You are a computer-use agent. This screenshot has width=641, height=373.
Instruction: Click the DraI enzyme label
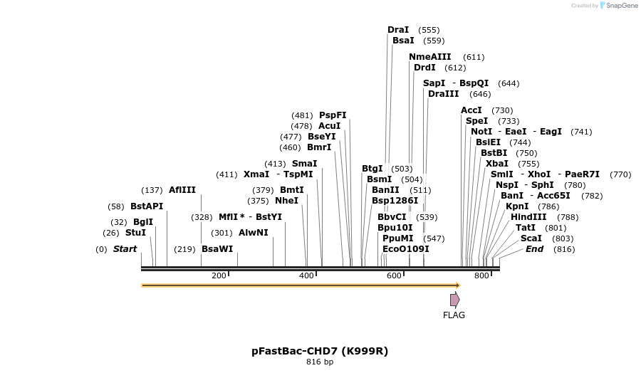click(398, 30)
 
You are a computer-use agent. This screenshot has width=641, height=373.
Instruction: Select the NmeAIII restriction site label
click(430, 57)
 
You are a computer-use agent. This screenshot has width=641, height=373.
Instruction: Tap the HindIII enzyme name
click(528, 217)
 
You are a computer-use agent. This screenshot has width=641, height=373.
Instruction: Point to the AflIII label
click(182, 190)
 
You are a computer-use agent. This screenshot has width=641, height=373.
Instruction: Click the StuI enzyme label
click(135, 233)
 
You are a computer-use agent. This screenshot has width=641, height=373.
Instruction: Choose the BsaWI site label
click(217, 249)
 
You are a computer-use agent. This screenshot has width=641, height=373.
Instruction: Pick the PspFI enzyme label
click(333, 115)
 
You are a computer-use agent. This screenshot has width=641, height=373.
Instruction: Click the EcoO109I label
click(406, 249)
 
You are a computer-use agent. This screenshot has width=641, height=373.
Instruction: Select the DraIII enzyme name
click(444, 94)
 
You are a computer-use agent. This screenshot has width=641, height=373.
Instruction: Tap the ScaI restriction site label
click(531, 238)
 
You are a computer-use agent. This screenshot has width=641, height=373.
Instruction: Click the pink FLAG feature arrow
click(454, 300)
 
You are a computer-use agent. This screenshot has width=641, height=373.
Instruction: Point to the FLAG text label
click(454, 315)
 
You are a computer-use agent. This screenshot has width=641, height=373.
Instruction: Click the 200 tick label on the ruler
click(219, 275)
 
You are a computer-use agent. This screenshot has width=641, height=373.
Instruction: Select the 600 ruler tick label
click(394, 275)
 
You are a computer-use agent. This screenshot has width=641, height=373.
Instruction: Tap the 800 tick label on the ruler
click(481, 275)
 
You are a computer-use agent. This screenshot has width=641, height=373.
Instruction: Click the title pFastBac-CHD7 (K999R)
click(320, 351)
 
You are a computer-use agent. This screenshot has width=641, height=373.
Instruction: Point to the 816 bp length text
click(320, 362)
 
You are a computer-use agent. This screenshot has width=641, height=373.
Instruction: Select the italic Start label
click(125, 249)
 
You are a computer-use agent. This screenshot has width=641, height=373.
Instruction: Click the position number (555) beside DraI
click(429, 30)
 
